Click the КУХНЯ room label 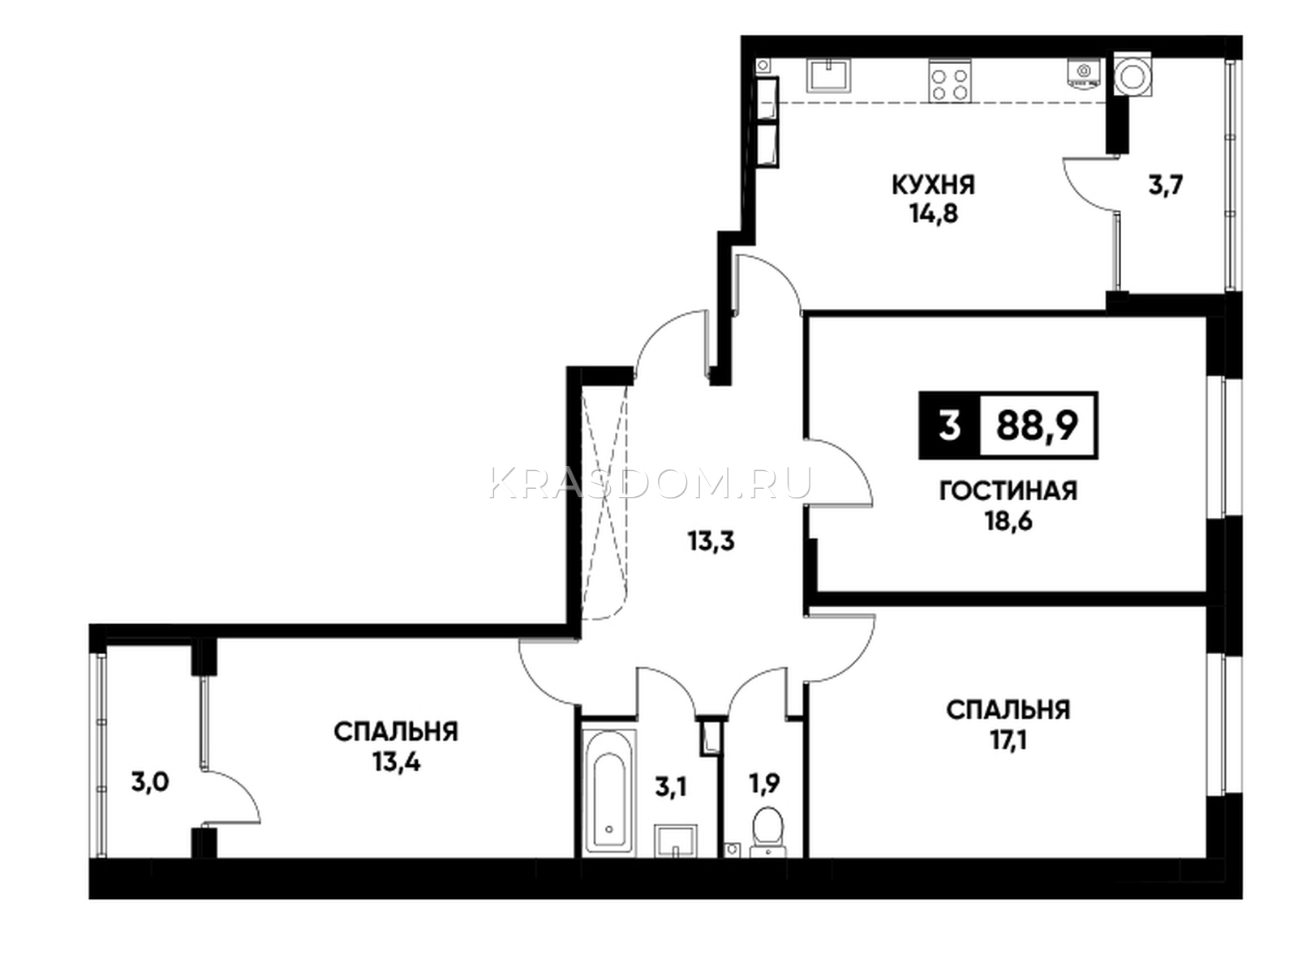(933, 186)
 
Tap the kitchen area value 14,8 (933, 214)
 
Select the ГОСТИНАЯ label (1008, 491)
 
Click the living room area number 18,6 (1008, 520)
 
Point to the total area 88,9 (1038, 425)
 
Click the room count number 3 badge (949, 425)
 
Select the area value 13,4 (396, 761)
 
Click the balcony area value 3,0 (150, 782)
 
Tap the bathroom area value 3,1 (670, 789)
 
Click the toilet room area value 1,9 (764, 784)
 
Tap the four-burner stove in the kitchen (950, 81)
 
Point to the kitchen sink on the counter (829, 75)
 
